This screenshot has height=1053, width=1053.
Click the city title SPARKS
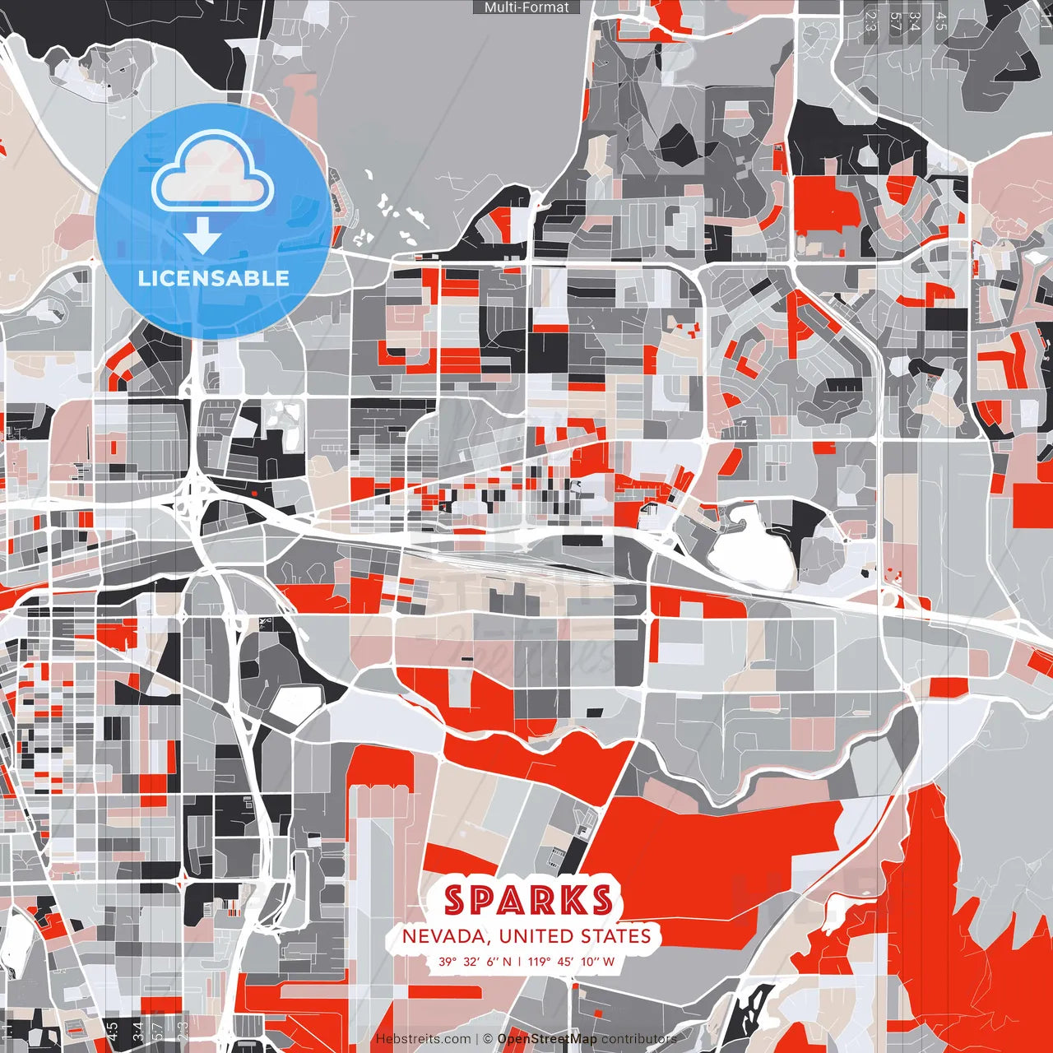click(527, 900)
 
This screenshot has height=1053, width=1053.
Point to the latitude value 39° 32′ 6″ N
click(475, 961)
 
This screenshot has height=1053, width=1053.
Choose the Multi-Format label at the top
click(526, 7)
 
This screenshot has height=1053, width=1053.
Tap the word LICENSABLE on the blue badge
click(214, 278)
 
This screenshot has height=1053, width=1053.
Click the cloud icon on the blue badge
click(214, 174)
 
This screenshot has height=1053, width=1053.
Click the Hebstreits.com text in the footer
click(423, 1039)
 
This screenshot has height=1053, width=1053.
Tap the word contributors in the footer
click(639, 1039)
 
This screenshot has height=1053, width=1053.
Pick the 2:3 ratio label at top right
click(870, 21)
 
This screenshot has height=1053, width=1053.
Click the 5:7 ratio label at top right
click(894, 21)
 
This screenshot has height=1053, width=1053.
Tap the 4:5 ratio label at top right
click(940, 21)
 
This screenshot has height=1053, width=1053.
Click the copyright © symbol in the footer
click(487, 1039)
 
